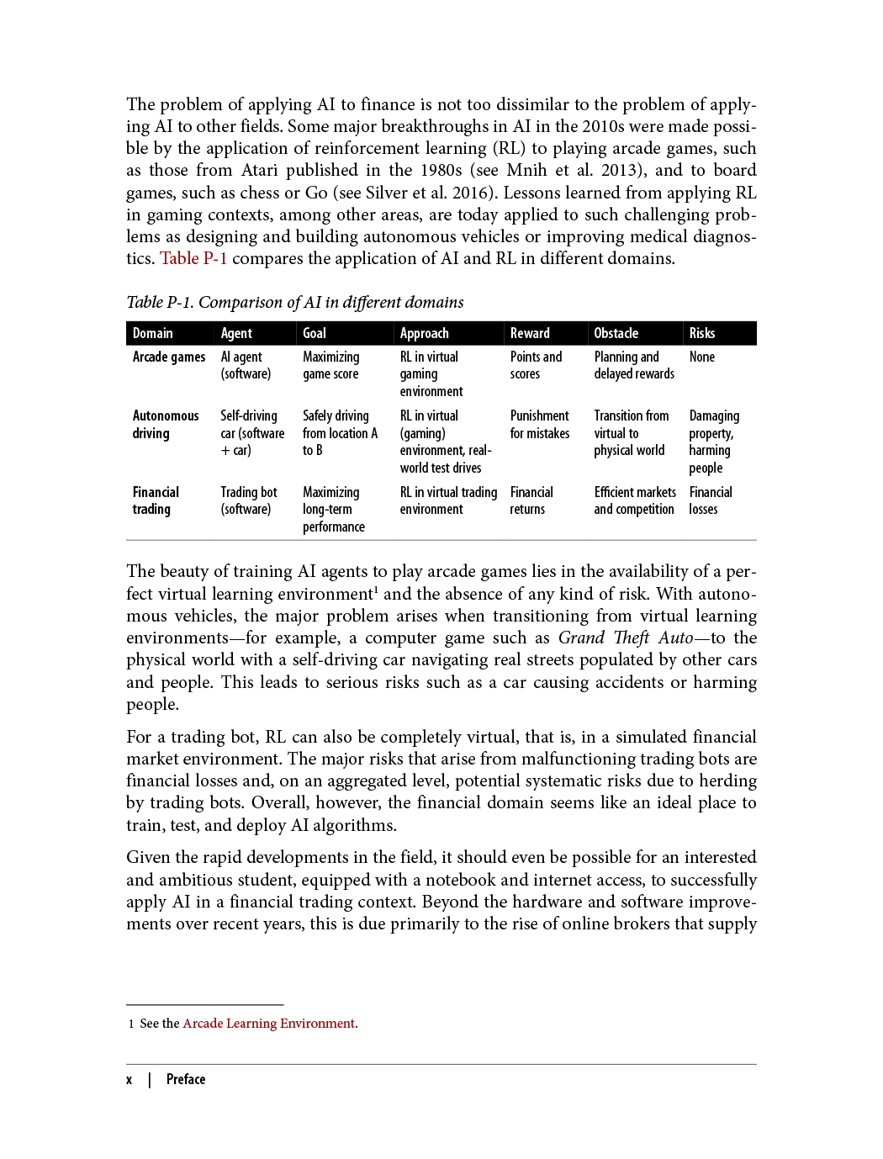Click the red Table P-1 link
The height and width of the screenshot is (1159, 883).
coord(193,258)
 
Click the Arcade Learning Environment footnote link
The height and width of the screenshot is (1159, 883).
coord(268,1023)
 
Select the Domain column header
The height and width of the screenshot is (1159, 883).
coord(152,333)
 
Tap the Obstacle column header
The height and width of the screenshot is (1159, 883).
coord(616,333)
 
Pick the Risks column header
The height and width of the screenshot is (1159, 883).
coord(701,333)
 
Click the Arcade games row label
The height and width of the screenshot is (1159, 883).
coord(168,357)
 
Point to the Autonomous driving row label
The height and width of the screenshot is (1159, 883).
coord(165,424)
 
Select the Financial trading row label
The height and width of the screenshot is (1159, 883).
coord(156,500)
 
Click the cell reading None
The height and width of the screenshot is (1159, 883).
coord(701,357)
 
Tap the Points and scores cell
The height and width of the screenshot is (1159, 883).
coord(535,365)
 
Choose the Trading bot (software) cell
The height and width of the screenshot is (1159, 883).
coord(248,500)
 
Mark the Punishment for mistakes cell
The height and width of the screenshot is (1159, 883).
coord(539,424)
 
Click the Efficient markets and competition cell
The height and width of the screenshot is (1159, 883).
coord(634,500)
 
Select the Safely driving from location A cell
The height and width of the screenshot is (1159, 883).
coord(340,432)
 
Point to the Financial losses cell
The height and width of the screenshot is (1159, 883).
coord(710,500)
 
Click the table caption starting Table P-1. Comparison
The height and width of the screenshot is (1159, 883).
coord(294,302)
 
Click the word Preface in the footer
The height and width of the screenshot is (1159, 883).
coord(186,1079)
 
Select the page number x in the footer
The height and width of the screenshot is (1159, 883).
coord(129,1079)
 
